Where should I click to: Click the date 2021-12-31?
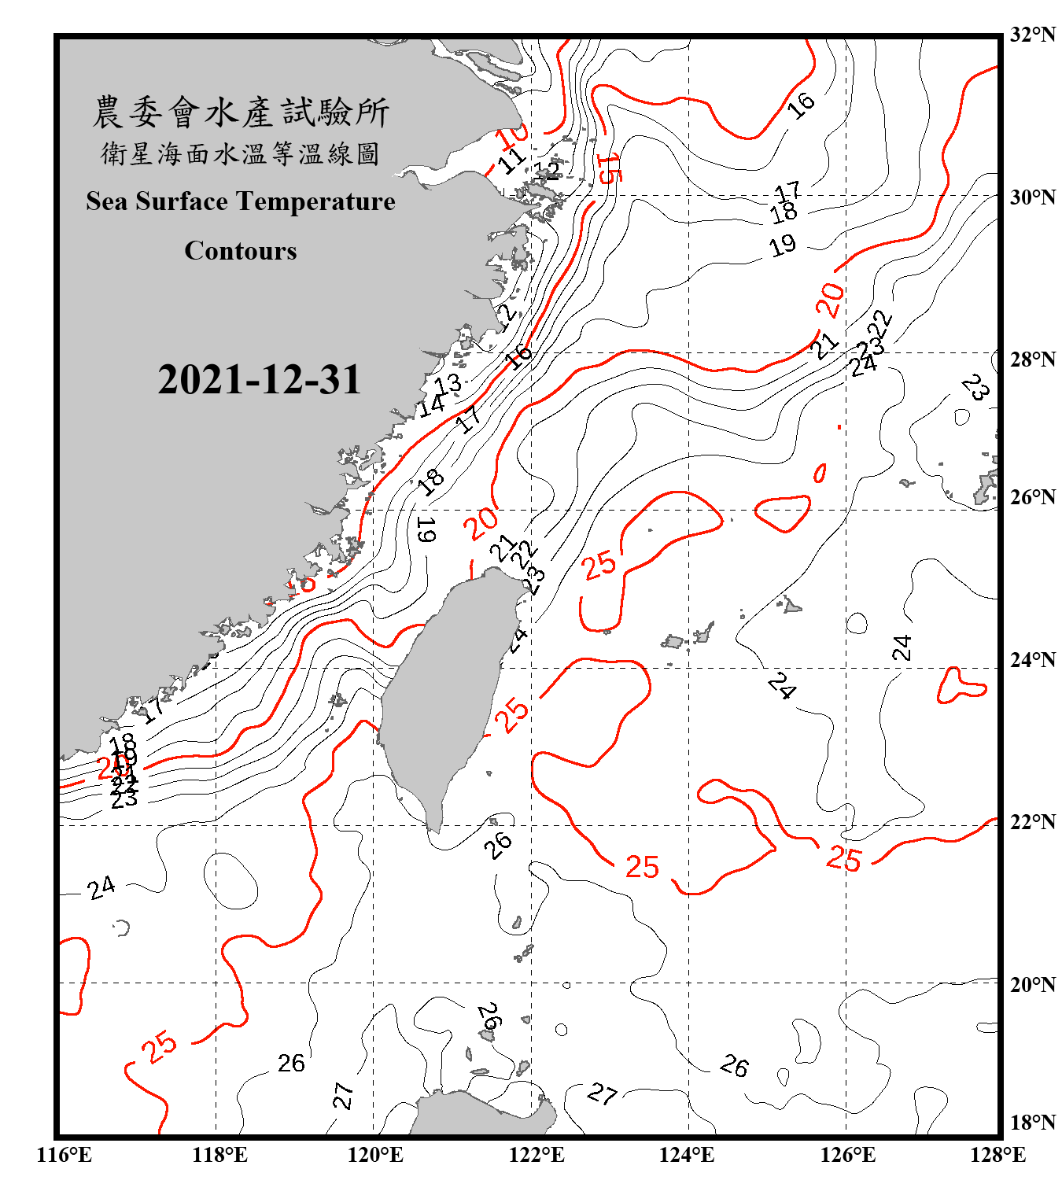point(259,380)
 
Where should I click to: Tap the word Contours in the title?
point(241,250)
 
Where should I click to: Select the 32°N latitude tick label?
point(1032,35)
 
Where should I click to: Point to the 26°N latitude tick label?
point(1032,497)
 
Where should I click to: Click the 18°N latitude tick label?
point(1032,1123)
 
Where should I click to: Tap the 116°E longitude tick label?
point(65,1155)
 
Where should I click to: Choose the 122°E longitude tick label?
point(537,1155)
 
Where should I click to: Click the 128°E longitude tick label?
point(997,1155)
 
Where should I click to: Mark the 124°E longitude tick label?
point(687,1155)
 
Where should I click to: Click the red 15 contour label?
point(608,168)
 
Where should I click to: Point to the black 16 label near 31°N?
point(802,105)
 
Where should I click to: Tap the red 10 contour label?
point(512,135)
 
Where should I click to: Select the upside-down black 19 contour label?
point(426,529)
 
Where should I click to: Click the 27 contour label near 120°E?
point(343,1095)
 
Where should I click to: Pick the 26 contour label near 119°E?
point(291,1064)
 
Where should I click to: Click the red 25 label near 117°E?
point(160,1047)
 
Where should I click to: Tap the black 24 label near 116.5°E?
point(101,888)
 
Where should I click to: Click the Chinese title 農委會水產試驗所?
point(241,112)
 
